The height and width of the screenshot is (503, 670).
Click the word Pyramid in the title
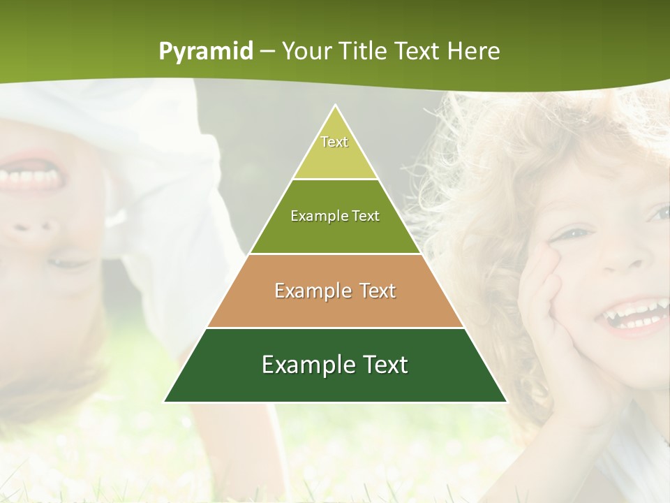pyautogui.click(x=206, y=52)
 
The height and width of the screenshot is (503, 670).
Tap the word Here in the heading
pyautogui.click(x=474, y=52)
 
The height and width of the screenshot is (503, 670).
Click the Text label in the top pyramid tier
pyautogui.click(x=334, y=142)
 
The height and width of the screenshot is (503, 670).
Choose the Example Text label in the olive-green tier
pyautogui.click(x=335, y=216)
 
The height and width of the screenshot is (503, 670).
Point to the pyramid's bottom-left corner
pyautogui.click(x=165, y=402)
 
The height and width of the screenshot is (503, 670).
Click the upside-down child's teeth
pyautogui.click(x=31, y=178)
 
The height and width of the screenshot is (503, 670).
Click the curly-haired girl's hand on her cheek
pyautogui.click(x=551, y=307)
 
